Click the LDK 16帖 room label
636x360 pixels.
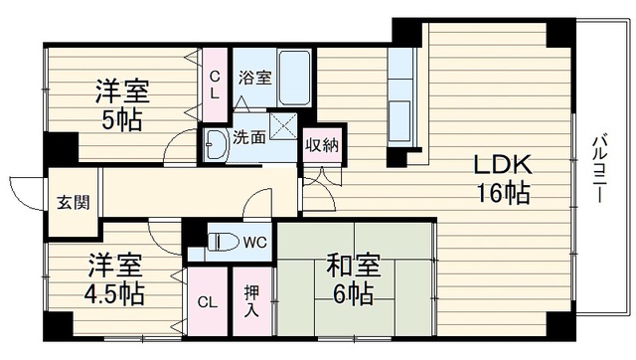tap(503, 179)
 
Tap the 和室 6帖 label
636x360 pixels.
tap(354, 280)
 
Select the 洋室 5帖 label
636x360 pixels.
tap(122, 105)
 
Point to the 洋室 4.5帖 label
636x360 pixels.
tap(115, 280)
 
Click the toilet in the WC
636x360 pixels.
tap(223, 243)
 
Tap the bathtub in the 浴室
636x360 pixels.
tap(294, 78)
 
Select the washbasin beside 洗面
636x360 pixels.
tap(215, 145)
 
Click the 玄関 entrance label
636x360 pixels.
tap(73, 202)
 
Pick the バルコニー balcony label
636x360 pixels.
tap(598, 169)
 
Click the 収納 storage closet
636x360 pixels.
tap(322, 145)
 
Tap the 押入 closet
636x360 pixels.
tap(251, 301)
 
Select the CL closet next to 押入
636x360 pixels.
tap(208, 301)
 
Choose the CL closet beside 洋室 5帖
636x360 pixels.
tap(215, 85)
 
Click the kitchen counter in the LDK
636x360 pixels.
tap(400, 94)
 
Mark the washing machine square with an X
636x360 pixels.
tap(284, 126)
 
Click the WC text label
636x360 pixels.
tap(255, 243)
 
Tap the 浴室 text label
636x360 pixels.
tap(254, 78)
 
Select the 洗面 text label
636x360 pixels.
tap(249, 137)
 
